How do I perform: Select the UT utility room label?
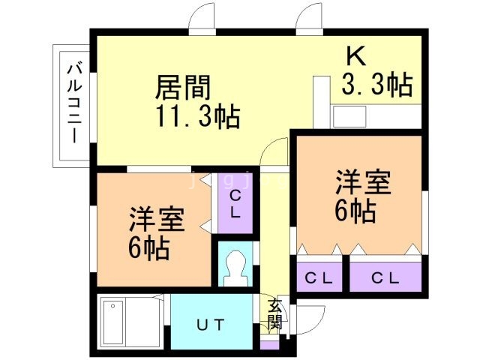coord(210,325)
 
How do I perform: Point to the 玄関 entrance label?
coord(275,314)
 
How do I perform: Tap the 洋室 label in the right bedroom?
coord(362,183)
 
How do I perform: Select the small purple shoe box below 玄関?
coord(269,345)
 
